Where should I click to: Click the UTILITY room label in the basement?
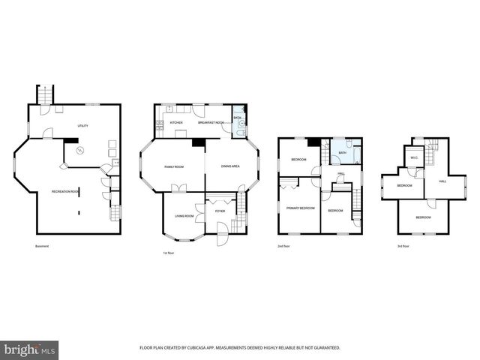tap(82, 126)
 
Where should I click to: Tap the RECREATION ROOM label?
tap(65, 192)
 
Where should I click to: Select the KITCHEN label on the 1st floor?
tap(176, 122)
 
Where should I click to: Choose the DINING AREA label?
tap(229, 166)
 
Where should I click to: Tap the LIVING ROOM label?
tap(184, 216)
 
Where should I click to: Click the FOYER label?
tap(220, 211)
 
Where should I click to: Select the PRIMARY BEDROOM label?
tap(300, 208)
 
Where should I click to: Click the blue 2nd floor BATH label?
tap(343, 153)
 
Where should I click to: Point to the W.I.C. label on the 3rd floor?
tap(413, 157)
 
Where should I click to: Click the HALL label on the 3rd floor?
tap(442, 181)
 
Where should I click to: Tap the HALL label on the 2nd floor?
tap(341, 174)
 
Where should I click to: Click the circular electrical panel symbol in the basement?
tap(82, 150)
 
